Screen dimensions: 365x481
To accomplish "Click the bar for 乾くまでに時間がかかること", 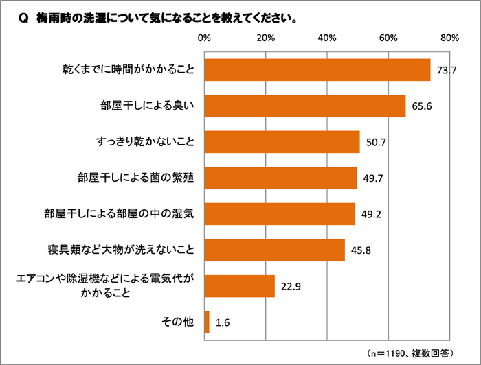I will pos(317,70).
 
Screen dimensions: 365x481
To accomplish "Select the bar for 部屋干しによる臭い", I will pos(304,106).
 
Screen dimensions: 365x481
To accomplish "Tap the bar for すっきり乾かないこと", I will pos(282,142).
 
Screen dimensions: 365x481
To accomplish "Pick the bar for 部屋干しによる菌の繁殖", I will pos(280,178).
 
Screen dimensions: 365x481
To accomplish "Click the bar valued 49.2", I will pos(280,213).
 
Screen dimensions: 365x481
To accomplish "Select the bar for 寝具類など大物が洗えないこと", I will pos(274,250).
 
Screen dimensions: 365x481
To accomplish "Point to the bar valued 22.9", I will pos(239,285).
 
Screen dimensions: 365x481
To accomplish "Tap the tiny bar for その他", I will pos(207,322).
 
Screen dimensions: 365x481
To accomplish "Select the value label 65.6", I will pos(420,106).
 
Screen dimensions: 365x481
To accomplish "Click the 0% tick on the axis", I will pos(204,37).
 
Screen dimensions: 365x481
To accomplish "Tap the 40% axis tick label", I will pos(327,37).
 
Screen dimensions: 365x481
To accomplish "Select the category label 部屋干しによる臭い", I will pos(148,106).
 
